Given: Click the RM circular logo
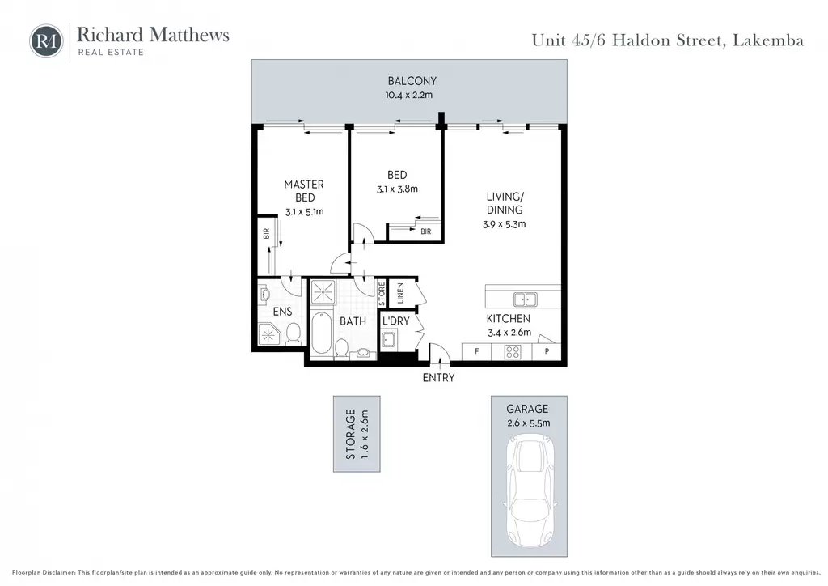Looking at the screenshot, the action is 46,41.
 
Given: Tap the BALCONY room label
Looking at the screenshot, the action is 412,81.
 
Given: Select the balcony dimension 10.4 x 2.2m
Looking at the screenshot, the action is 408,96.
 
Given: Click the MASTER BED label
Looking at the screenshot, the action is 304,191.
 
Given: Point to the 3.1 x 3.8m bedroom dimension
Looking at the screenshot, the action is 397,189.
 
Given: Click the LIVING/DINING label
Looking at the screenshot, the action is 505,203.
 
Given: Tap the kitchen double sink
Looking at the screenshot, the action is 526,299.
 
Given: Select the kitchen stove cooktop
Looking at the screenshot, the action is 512,351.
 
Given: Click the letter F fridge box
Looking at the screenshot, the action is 476,351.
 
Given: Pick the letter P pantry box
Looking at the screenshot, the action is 547,351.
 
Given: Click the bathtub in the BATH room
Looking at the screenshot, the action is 321,333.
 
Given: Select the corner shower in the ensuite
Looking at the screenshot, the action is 268,334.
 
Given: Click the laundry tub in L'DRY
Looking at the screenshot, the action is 389,339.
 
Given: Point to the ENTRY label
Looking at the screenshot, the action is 438,377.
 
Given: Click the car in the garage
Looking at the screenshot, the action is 530,491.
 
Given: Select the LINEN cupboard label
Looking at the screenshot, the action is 399,293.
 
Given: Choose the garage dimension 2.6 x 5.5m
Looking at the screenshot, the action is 529,423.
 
